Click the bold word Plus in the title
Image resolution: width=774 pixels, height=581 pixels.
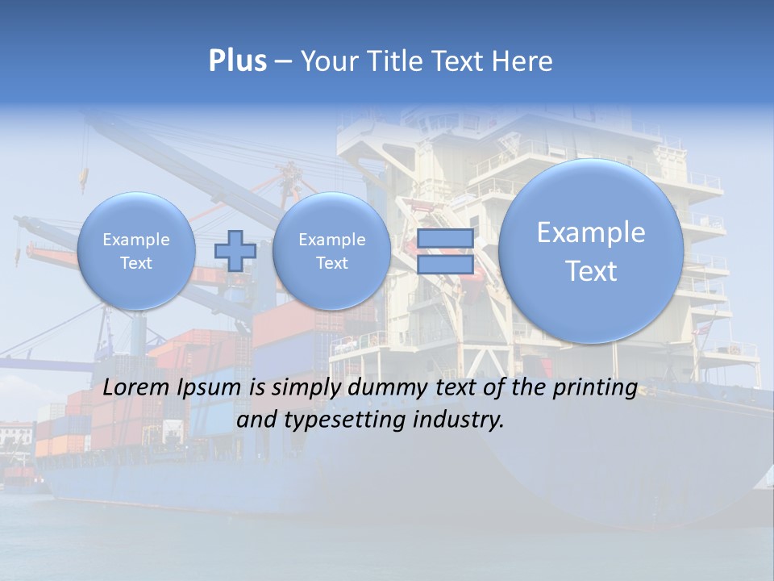click(237, 61)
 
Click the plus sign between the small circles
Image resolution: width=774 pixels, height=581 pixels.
click(235, 250)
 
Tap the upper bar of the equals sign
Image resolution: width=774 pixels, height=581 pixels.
click(445, 239)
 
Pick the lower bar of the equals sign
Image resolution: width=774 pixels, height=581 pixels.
click(445, 265)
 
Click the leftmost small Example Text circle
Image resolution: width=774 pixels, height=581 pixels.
click(135, 250)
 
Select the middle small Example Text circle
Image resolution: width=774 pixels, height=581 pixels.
click(331, 250)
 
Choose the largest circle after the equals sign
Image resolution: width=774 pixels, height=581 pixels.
click(591, 251)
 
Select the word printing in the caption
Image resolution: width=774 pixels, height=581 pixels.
click(594, 388)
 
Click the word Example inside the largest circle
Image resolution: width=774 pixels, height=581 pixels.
click(591, 232)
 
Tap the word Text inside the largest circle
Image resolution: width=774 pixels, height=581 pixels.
click(591, 271)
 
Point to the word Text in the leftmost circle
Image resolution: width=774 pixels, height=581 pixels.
click(136, 263)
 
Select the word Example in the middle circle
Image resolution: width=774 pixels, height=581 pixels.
click(331, 240)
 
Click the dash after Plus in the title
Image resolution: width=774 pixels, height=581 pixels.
click(283, 62)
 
